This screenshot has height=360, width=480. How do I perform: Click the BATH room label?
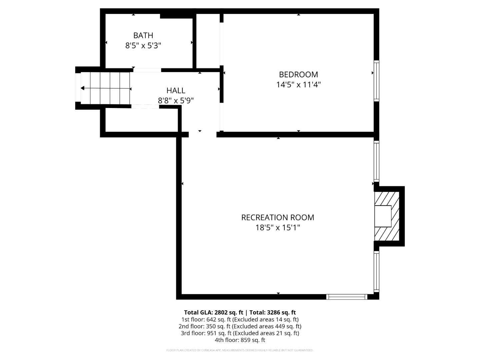pyautogui.click(x=143, y=35)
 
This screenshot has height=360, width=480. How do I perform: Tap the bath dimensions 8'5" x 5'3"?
pyautogui.click(x=143, y=46)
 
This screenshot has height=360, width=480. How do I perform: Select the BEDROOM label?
pyautogui.click(x=298, y=74)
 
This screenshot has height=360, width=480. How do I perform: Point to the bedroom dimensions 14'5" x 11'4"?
pyautogui.click(x=298, y=85)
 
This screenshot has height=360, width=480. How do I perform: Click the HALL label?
pyautogui.click(x=176, y=90)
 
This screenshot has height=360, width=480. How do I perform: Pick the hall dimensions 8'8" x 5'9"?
pyautogui.click(x=176, y=100)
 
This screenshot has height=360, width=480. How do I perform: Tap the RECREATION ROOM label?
pyautogui.click(x=277, y=217)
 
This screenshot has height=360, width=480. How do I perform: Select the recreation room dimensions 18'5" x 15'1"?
pyautogui.click(x=277, y=228)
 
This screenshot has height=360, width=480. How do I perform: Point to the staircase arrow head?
pyautogui.click(x=82, y=88)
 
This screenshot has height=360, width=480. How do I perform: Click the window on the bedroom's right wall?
pyautogui.click(x=376, y=81)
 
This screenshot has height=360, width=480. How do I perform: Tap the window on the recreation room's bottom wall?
pyautogui.click(x=347, y=297)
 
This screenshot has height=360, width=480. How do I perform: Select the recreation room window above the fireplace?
pyautogui.click(x=376, y=161)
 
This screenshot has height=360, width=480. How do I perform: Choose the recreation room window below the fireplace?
pyautogui.click(x=376, y=271)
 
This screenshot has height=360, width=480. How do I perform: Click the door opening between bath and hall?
pyautogui.click(x=147, y=70)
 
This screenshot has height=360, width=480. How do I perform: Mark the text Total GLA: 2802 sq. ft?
pyautogui.click(x=213, y=312)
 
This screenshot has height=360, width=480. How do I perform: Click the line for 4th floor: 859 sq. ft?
pyautogui.click(x=240, y=340)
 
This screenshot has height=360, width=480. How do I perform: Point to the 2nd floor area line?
pyautogui.click(x=240, y=326)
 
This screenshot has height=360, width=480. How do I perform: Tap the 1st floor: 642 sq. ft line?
pyautogui.click(x=240, y=319)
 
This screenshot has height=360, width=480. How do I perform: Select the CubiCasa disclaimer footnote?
pyautogui.click(x=240, y=350)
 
